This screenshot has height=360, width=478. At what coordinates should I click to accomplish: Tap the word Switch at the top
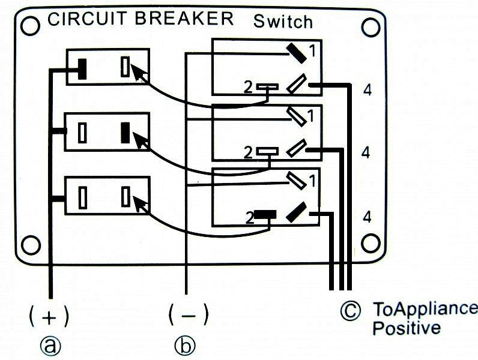point(283,22)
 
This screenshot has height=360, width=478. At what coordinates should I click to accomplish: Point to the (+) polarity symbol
point(49,315)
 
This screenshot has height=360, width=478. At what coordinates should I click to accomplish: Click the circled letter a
point(49,345)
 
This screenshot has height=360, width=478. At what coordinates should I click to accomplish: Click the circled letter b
point(186,346)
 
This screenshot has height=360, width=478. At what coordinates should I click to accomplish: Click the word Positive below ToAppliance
point(406,328)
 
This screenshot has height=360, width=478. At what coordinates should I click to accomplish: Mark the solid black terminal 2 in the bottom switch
point(265,214)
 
